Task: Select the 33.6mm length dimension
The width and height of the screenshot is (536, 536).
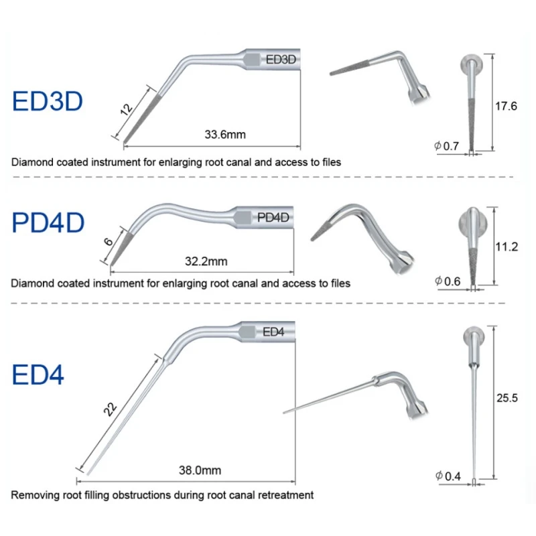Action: pos(225,135)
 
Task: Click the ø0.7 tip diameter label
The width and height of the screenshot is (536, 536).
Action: pos(447,145)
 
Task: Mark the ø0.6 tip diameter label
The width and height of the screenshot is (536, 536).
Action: pos(447,281)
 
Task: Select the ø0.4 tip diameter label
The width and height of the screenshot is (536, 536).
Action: pos(448,476)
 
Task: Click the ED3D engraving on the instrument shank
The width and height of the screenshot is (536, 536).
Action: pos(281,59)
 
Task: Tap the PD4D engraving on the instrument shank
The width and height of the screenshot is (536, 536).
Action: pos(273,216)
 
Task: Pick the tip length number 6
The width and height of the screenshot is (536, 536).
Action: pos(109,241)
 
